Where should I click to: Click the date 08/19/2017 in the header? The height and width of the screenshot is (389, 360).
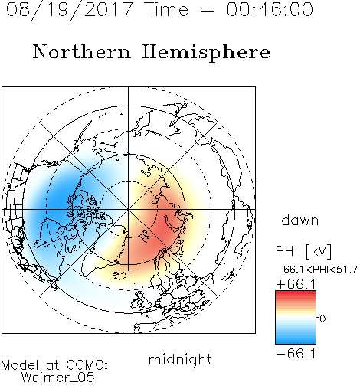70,10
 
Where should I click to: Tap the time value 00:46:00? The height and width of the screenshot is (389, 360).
270,9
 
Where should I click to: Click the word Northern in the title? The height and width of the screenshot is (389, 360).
82,51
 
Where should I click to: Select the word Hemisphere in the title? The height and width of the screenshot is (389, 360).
206,52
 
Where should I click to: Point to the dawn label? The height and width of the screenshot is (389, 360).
300,220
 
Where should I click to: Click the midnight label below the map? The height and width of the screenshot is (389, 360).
180,359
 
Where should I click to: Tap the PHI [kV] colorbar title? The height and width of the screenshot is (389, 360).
303,251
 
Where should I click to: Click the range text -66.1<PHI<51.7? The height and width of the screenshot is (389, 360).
316,270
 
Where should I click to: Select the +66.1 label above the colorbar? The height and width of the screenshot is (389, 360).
296,284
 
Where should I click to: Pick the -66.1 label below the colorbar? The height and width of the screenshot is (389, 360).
296,354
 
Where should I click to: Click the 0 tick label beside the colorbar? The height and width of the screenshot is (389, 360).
322,319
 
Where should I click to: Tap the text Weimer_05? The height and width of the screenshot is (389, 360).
58,377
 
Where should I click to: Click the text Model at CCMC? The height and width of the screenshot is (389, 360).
54,365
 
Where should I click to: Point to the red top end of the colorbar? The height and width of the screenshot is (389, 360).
296,293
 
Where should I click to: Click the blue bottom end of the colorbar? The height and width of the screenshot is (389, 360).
296,342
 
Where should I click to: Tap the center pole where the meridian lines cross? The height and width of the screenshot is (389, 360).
129,209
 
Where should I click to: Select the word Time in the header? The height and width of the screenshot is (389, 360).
166,9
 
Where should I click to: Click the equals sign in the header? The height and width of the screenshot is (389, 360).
208,10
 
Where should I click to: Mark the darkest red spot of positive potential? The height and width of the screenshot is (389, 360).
166,231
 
